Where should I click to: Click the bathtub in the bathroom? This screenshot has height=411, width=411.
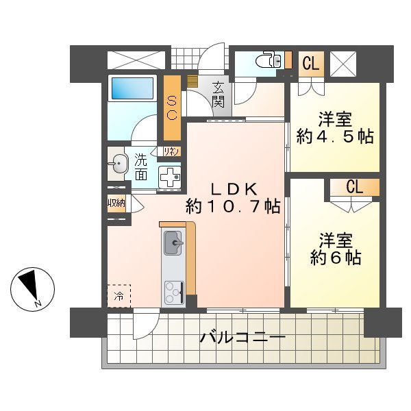132,88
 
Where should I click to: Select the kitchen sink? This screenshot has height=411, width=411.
173,243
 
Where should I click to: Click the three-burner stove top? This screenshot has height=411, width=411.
174,292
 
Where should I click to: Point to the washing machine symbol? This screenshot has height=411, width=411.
169,177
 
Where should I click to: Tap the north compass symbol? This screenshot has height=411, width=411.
32,289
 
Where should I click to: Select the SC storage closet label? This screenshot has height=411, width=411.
172,108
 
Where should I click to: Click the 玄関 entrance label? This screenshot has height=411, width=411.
218,95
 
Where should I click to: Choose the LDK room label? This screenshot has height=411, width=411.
234,190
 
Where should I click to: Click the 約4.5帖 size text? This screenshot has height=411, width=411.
335,137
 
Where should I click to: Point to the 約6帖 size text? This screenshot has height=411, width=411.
336,258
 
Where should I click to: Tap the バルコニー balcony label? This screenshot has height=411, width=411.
242,338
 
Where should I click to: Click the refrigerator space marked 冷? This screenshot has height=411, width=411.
119,296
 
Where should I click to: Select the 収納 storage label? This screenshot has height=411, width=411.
116,203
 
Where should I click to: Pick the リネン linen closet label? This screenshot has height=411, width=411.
171,151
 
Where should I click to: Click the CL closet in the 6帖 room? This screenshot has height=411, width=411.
355,188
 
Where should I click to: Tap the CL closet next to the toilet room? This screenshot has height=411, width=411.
311,64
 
